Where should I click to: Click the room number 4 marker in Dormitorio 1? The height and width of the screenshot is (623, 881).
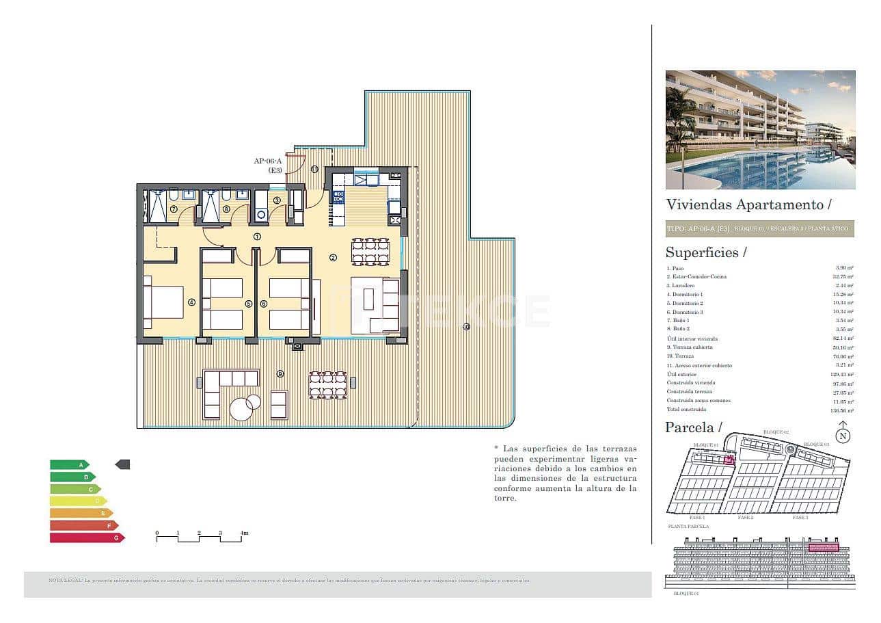click(192, 302)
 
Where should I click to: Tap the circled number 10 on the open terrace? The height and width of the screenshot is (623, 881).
click(465, 326)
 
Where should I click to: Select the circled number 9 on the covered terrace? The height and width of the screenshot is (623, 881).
click(280, 373)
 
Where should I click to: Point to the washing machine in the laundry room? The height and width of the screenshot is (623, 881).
click(260, 215)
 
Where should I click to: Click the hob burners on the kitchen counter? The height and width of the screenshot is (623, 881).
click(338, 198)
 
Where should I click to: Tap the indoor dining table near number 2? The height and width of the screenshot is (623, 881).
click(370, 251)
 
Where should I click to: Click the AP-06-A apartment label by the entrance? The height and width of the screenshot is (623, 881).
click(269, 165)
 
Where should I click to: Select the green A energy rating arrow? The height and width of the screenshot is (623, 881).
click(69, 464)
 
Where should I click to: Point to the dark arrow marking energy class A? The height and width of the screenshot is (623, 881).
click(122, 464)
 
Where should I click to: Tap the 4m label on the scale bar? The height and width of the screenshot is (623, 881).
click(243, 533)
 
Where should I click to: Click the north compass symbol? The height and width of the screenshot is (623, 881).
click(843, 434)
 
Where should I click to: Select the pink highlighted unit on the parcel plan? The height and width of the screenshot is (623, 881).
click(729, 460)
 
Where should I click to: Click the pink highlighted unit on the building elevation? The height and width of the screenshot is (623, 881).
click(823, 548)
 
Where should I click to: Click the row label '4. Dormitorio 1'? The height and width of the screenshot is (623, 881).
click(685, 294)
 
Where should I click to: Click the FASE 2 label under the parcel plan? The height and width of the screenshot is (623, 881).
click(746, 518)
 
